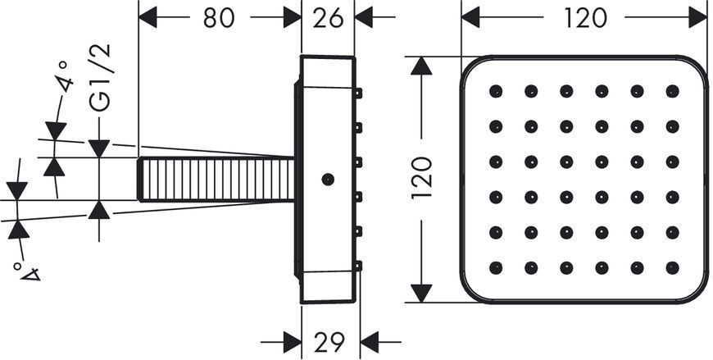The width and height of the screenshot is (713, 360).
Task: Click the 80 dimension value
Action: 219,18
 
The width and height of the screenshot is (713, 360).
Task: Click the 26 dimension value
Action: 328,18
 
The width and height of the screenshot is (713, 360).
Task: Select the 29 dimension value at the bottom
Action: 330,341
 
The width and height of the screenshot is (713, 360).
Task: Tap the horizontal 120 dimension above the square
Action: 585,18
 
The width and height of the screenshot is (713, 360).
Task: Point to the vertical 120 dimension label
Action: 421,177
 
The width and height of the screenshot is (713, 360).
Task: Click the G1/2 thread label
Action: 101,78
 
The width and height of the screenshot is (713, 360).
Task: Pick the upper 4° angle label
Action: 65,76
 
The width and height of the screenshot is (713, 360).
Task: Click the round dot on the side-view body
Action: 328,180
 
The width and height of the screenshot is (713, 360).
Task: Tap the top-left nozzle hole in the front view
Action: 496,91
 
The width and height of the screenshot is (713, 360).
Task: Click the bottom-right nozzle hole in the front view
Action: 672,267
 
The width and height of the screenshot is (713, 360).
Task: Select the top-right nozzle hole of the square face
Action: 672,91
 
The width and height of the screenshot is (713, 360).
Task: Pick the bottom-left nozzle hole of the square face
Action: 496,267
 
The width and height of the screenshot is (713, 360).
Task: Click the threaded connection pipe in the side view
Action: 216,179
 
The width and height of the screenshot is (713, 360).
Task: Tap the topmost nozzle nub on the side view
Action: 358,93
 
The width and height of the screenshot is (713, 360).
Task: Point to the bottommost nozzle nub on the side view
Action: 358,266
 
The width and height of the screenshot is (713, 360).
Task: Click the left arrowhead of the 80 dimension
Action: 148,17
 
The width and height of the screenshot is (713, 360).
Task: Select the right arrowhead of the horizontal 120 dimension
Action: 698,17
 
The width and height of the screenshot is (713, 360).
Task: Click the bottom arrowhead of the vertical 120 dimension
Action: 421,293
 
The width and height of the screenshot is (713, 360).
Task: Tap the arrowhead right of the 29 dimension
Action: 370,341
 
